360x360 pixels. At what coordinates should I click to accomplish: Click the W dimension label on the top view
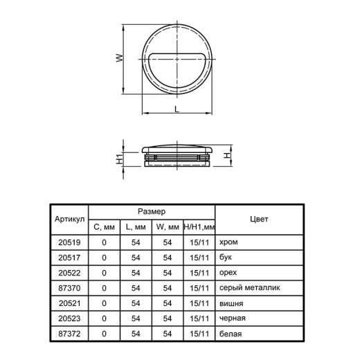coord(120,57)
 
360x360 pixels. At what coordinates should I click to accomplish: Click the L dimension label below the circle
coord(177,109)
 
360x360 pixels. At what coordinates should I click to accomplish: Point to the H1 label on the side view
coord(120,159)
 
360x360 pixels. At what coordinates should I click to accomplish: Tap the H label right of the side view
coord(227,156)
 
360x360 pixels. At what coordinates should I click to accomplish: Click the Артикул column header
coord(69,219)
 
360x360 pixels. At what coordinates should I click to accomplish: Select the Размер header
coord(152,211)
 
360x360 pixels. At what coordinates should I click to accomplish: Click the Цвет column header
coord(259,219)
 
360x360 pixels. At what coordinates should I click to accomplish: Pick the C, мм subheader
coord(104,227)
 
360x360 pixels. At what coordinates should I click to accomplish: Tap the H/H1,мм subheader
coord(199,227)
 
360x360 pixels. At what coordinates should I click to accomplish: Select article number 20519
coord(69,242)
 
